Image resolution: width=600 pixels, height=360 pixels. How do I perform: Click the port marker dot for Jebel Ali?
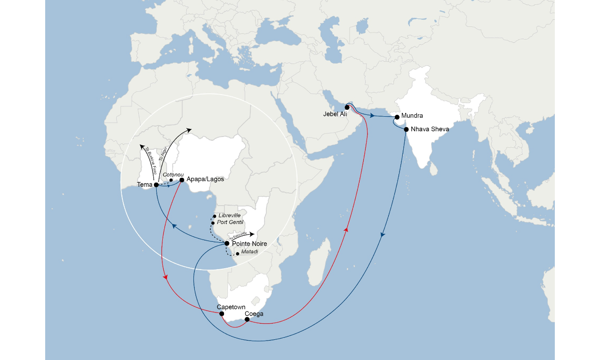tap(347, 107)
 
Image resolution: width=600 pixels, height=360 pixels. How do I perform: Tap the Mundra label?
tap(412, 116)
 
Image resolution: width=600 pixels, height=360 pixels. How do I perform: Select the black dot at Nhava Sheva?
tap(406, 129)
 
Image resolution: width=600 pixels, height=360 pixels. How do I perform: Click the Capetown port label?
tap(231, 307)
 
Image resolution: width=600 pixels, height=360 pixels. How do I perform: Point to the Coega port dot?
tap(247, 320)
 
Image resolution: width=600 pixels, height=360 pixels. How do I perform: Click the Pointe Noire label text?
tap(249, 244)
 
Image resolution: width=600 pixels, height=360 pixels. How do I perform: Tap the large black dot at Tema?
tap(156, 185)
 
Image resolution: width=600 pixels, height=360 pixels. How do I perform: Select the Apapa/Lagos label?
tap(205, 179)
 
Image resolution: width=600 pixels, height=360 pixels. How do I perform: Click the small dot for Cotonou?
tap(171, 180)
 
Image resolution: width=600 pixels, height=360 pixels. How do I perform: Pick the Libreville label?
tap(230, 215)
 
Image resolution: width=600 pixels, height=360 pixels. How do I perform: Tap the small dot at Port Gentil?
tap(213, 223)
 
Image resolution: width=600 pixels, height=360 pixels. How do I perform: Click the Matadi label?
tap(250, 253)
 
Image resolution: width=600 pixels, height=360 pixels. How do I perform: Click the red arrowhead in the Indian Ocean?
tap(346, 229)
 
